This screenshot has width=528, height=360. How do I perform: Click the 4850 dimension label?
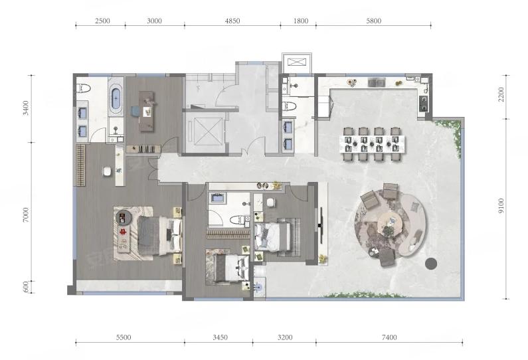click(232, 21)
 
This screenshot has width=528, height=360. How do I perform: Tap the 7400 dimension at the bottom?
click(389, 337)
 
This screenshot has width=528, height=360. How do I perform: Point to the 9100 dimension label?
click(501, 205)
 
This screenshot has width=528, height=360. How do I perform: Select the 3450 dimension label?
click(220, 337)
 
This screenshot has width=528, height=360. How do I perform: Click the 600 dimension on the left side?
click(27, 286)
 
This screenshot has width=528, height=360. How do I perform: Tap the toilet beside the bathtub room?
click(84, 88)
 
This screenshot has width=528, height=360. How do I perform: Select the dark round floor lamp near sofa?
click(431, 263)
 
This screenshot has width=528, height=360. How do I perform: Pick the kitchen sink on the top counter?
click(377, 82)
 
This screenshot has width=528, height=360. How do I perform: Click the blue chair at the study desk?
click(135, 111)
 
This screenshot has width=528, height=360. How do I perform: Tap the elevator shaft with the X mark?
click(205, 131)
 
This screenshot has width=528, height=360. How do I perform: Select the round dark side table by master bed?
click(123, 217)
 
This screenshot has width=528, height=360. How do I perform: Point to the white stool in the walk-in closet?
click(107, 171)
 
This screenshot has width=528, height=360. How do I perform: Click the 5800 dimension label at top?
click(373, 21)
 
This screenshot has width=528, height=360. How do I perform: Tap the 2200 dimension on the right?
click(501, 94)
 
